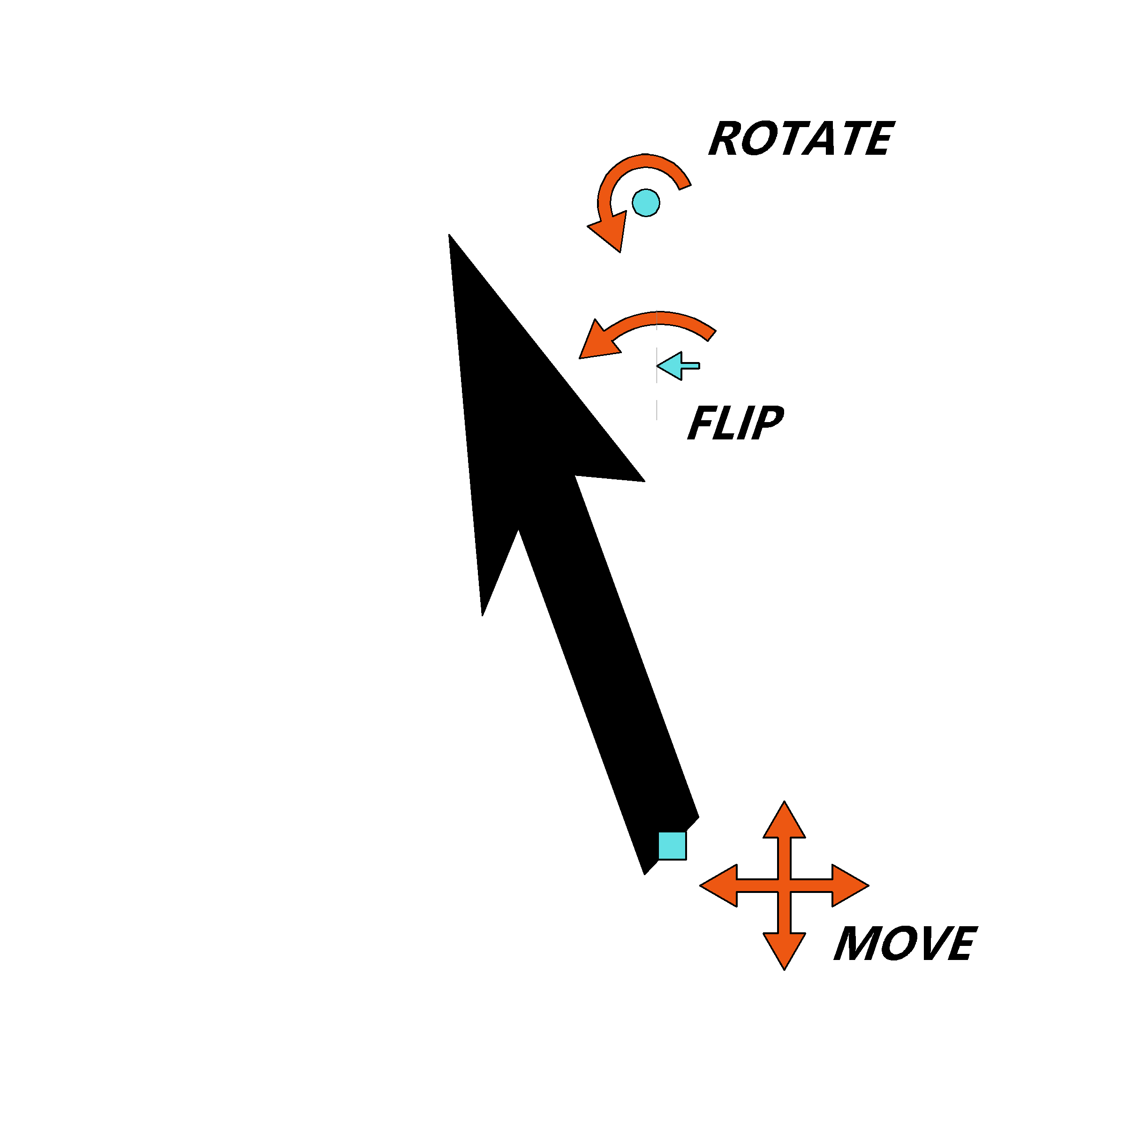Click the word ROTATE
coord(801,139)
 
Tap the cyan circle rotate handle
coord(646,203)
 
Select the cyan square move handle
coord(672,846)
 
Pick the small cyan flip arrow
coord(678,366)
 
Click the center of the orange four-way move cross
coord(785,885)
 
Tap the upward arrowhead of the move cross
coord(785,821)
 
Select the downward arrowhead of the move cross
coord(785,951)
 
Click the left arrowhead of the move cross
coord(718,885)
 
